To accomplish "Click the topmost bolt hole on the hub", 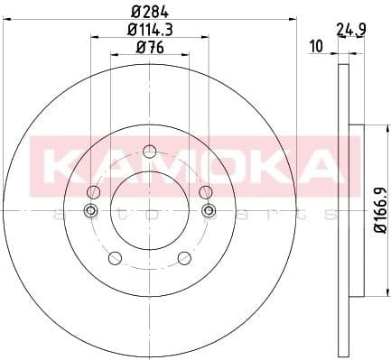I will pos(149,148).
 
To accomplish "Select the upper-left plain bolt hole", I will pos(93,190).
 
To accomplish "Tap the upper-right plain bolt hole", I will pos(205,190).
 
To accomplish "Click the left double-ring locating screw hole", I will pos(89,211).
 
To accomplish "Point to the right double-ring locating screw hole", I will pos(209,211).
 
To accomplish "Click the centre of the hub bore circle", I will pos(149,211).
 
